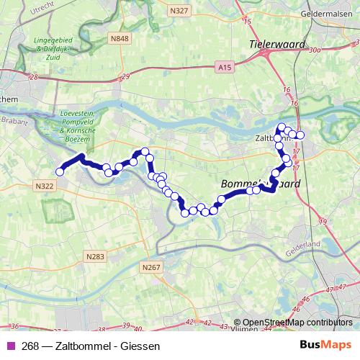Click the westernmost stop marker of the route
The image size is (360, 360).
tap(60, 171)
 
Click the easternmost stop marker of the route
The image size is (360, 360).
tap(300, 135)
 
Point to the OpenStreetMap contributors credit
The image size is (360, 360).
tap(297, 323)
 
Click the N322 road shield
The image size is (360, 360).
tap(44, 185)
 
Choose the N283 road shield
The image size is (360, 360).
tap(94, 256)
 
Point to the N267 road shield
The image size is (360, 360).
tap(150, 267)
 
